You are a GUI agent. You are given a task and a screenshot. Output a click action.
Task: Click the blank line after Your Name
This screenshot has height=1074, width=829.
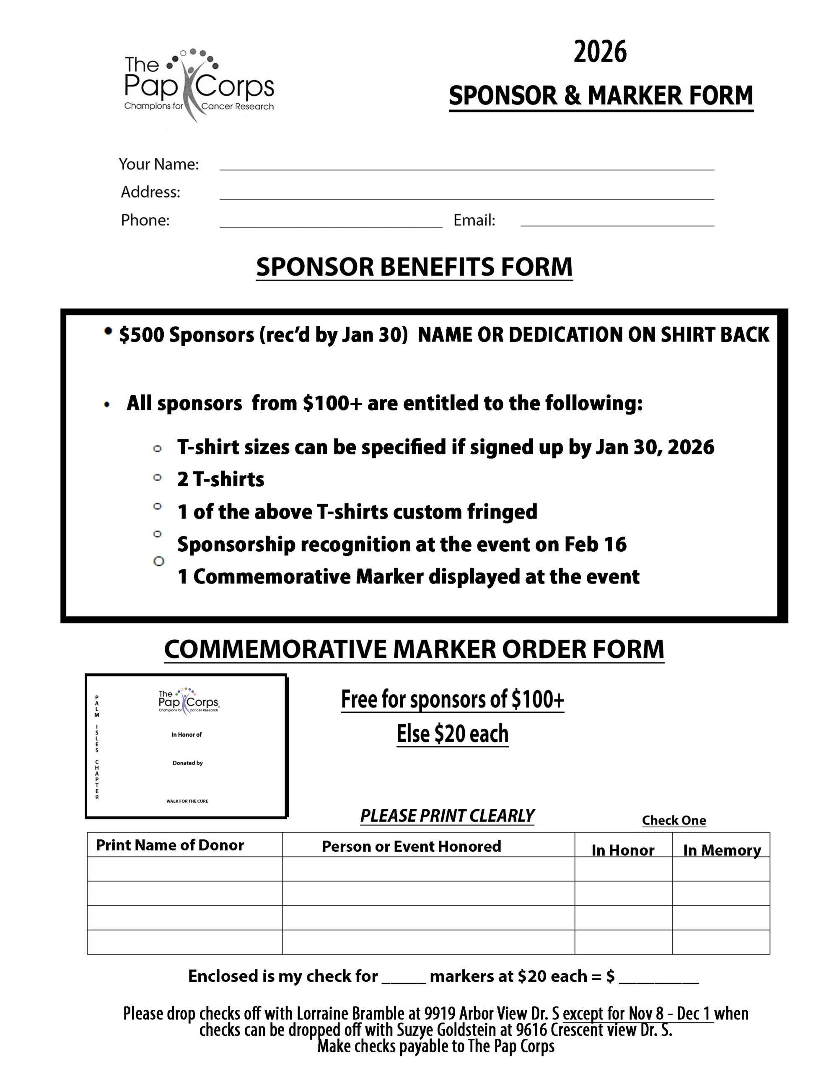point(466,165)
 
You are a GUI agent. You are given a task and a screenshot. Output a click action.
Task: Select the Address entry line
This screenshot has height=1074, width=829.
point(466,194)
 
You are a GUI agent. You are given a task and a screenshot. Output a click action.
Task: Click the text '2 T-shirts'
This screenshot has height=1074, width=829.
point(220,480)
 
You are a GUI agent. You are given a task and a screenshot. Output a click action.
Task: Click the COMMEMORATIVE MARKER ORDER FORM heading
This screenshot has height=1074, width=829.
point(414,649)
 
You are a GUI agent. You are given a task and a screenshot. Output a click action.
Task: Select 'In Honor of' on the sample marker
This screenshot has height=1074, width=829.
point(186,735)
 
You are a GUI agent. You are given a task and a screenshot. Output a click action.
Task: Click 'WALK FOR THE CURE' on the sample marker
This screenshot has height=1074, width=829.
point(187,801)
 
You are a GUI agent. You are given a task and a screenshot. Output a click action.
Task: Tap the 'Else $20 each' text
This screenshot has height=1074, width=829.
point(452,734)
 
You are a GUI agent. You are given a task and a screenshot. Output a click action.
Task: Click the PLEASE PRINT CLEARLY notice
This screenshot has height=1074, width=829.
point(447,816)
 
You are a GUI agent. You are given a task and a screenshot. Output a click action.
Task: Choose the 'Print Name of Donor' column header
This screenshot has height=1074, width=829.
point(170,845)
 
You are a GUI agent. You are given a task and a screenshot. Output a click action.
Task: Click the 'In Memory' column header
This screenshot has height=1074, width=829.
point(721,850)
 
